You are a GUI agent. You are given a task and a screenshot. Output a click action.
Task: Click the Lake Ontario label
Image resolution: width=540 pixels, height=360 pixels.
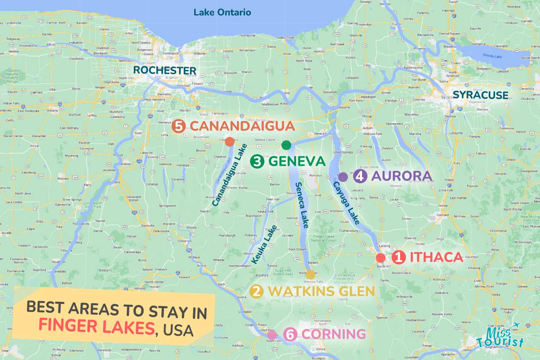222,12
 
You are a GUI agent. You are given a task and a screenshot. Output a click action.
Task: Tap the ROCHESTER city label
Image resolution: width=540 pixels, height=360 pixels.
165,70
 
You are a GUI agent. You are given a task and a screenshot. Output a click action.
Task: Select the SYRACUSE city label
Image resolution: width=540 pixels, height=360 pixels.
480,95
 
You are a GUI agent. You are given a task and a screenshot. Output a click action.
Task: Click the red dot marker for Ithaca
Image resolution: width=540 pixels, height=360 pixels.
380,258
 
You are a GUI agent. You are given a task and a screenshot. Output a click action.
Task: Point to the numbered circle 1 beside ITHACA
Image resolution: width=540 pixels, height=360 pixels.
398,257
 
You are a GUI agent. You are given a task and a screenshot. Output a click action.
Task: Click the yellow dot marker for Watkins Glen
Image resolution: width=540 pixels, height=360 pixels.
310,274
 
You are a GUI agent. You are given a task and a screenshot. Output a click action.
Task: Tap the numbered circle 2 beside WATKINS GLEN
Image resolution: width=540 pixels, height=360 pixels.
256,292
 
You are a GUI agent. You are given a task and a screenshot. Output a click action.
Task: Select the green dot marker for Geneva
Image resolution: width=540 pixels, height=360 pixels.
286,145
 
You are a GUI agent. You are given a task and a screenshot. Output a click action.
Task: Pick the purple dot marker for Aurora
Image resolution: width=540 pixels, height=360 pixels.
343,177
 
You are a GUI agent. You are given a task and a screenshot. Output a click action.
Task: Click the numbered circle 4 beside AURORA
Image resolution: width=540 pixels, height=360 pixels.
360,176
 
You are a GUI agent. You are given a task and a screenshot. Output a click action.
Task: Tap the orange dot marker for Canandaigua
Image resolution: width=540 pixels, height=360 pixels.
229,142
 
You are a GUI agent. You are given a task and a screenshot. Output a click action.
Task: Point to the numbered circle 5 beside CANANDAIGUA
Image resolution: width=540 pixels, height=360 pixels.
178,126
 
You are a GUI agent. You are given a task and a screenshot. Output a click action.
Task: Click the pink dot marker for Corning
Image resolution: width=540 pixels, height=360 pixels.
272,335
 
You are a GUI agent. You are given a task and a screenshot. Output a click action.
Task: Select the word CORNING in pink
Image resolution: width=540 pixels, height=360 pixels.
334,334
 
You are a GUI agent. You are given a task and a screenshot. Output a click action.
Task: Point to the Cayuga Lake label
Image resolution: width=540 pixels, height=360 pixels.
346,203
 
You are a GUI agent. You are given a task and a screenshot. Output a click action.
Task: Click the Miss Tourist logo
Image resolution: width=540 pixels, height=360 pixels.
501,337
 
